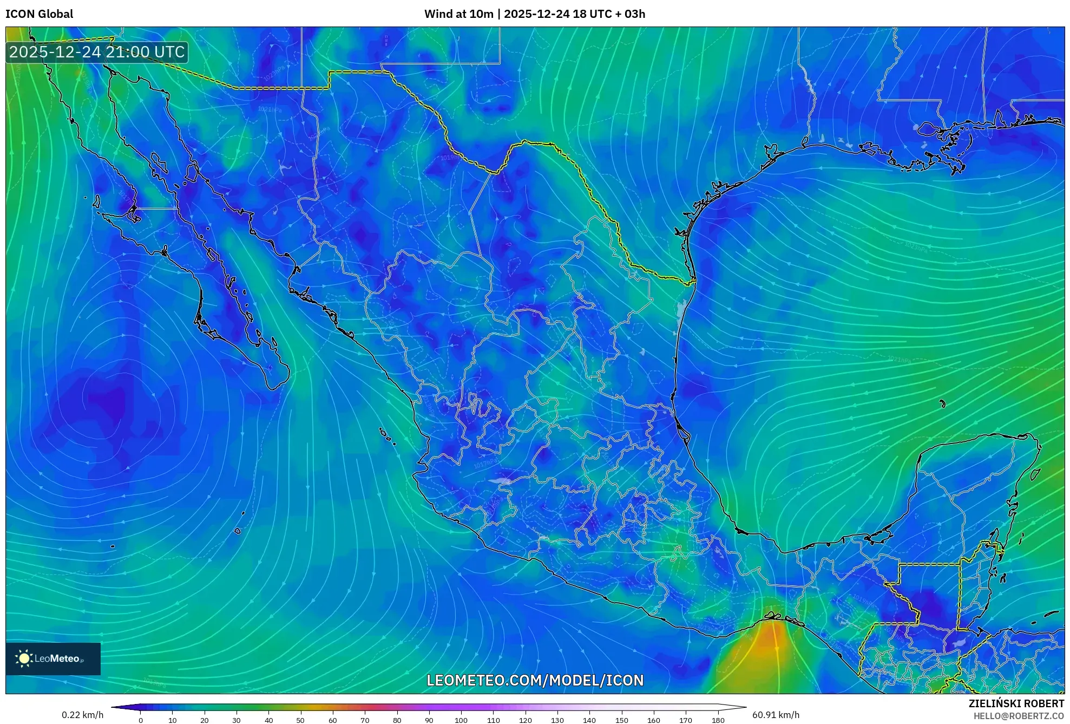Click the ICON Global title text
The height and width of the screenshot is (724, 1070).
39,14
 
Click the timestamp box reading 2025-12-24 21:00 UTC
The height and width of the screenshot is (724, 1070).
97,52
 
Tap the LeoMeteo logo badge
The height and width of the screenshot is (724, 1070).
53,658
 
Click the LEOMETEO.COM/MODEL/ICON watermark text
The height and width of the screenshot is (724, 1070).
535,680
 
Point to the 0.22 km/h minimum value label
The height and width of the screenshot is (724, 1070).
82,715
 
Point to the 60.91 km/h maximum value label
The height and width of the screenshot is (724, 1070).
775,715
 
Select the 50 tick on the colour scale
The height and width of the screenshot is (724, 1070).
300,720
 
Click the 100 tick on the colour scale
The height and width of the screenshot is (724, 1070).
461,720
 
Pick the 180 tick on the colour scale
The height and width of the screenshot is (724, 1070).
718,720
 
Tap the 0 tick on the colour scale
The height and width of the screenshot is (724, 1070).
141,720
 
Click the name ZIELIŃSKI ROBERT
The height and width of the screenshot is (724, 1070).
1016,703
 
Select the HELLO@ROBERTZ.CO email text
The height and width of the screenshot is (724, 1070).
1018,716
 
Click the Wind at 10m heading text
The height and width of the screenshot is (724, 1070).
458,14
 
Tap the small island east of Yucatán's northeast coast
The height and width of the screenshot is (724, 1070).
1035,475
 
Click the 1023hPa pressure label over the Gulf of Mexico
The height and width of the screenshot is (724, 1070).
916,247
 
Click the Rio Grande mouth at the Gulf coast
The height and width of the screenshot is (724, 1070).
693,281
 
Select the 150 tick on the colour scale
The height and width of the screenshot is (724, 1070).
621,720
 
